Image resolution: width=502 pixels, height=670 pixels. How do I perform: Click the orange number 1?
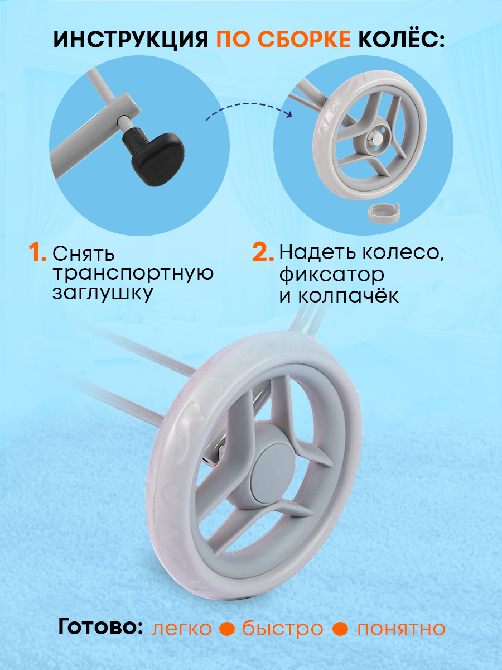pos(37,253)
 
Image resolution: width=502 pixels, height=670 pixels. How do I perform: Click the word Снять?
pos(84,254)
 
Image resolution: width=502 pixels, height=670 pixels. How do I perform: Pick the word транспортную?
pos(133,274)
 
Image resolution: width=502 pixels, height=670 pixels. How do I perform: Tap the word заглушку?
pos(103,294)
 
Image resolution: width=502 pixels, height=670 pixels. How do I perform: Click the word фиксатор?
pos(332,274)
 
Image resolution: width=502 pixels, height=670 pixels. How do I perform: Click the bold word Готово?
pos(101,628)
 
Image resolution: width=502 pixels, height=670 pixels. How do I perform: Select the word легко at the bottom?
pos(182,629)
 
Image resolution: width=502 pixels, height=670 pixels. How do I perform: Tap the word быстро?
pos(283,629)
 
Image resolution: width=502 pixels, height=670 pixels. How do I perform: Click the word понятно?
pos(402,629)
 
